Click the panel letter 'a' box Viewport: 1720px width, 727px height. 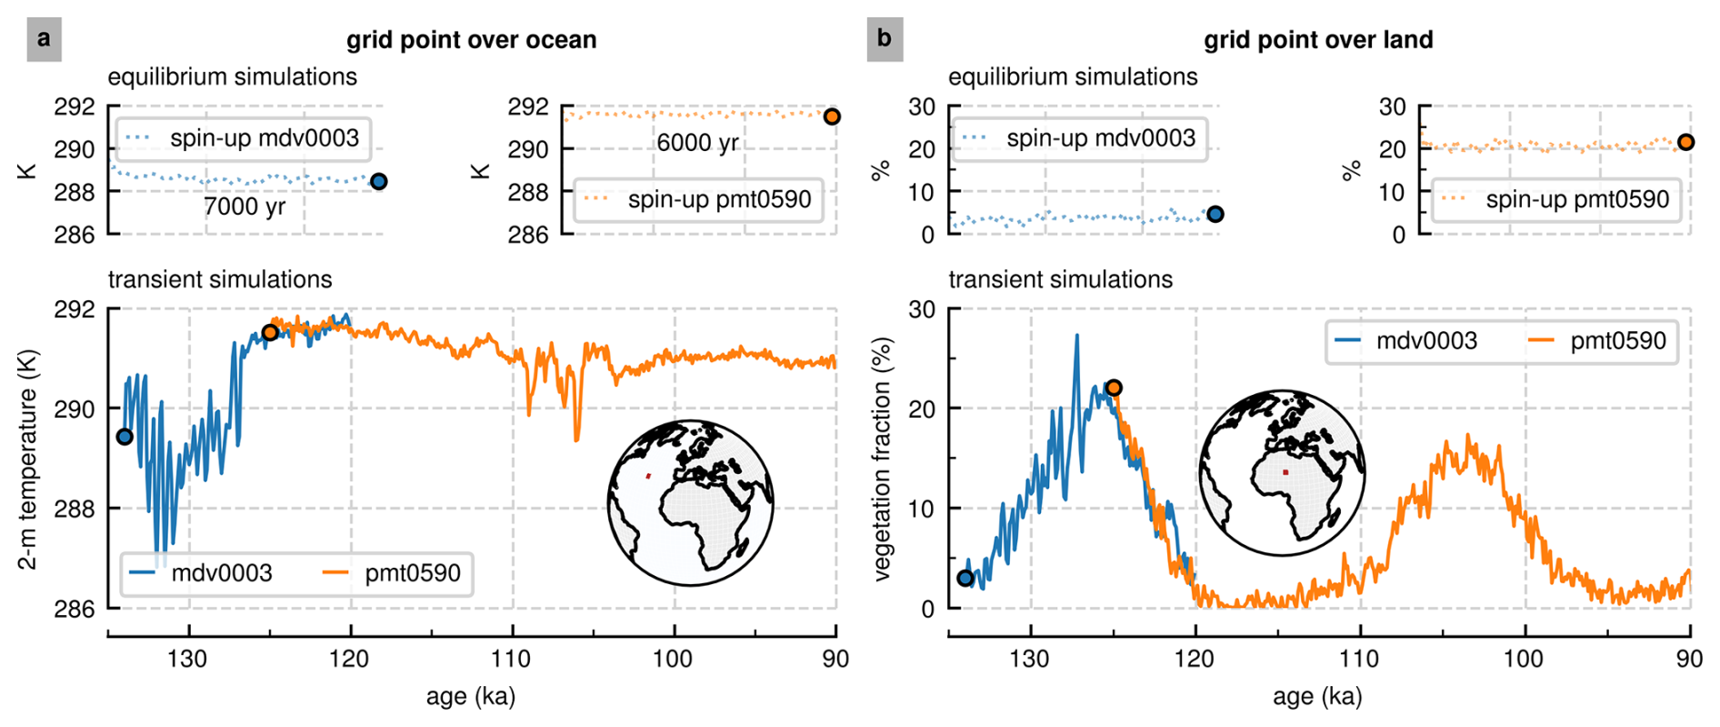[44, 40]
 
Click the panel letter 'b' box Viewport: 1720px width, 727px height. [884, 40]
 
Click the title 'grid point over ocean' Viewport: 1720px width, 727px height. [471, 40]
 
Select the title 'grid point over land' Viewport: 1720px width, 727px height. [1317, 40]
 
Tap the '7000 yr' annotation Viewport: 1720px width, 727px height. [245, 207]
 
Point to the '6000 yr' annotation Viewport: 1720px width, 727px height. [697, 143]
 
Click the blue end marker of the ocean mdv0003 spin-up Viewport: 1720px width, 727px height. [379, 182]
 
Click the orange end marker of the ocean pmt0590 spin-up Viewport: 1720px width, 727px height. [832, 116]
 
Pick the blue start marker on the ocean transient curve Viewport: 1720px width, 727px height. [125, 437]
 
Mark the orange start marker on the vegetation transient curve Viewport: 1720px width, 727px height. [1114, 388]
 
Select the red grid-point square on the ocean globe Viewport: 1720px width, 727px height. [648, 476]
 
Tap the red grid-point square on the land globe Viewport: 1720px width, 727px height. [1285, 472]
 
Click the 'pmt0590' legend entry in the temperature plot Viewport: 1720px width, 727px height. [412, 573]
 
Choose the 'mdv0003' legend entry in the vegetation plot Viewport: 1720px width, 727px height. [1425, 341]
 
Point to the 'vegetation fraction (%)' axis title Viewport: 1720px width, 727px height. [882, 459]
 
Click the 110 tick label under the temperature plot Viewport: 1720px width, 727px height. [512, 659]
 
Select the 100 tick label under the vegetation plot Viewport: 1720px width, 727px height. [1525, 659]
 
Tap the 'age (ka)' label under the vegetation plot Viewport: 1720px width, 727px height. [1317, 697]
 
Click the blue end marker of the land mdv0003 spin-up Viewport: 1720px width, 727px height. [1215, 215]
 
